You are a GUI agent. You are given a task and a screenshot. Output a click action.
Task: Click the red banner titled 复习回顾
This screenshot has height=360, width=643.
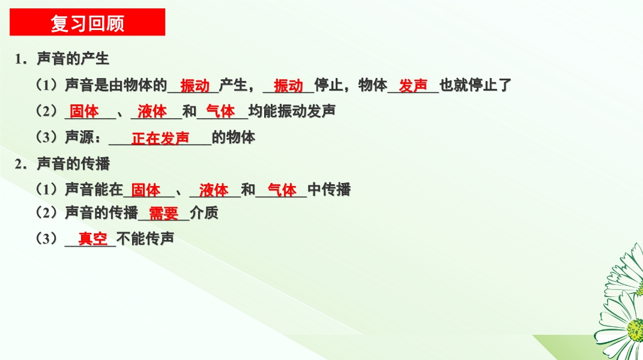87,22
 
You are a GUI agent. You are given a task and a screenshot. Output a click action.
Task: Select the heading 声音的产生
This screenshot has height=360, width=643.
73,59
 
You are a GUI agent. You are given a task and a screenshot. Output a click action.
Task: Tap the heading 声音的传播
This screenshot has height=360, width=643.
73,164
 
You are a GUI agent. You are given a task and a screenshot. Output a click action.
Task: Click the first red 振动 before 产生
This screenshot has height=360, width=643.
195,86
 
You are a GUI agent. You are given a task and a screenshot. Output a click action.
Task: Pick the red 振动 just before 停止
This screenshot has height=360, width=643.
288,86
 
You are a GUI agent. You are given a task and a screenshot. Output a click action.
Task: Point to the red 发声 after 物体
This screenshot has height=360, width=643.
413,86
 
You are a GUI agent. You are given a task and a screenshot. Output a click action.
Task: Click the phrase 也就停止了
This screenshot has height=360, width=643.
475,85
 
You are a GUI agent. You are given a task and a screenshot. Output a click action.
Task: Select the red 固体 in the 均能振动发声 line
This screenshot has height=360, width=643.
84,111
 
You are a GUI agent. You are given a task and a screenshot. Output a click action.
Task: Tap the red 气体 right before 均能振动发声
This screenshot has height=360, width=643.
220,111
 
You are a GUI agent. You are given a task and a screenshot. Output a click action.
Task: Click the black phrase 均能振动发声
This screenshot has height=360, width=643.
292,111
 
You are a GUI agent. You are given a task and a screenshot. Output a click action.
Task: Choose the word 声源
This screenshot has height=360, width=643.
80,137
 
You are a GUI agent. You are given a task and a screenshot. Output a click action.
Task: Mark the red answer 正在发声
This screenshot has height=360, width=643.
160,139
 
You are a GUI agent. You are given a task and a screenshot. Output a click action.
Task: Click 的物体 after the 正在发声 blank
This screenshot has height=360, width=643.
234,137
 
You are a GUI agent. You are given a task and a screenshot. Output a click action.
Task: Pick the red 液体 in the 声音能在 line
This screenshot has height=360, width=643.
214,190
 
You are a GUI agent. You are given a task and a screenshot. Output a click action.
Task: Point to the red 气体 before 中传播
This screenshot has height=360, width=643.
282,190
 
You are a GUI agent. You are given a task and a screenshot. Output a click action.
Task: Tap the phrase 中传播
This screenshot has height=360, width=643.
329,190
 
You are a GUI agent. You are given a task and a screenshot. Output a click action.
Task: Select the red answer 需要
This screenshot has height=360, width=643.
164,214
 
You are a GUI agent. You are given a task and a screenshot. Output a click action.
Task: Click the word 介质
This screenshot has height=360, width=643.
204,213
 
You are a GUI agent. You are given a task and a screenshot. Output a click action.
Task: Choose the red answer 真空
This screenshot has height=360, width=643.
93,239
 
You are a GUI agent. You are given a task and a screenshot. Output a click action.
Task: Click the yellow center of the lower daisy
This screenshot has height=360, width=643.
636,329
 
